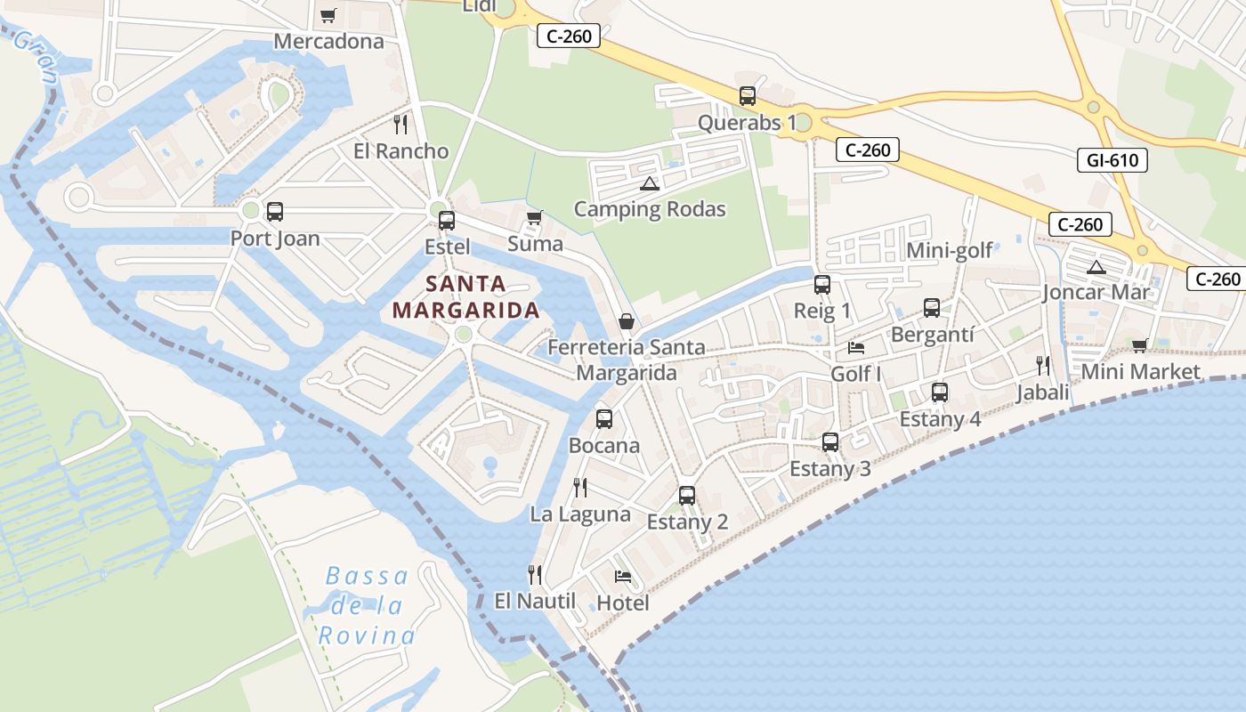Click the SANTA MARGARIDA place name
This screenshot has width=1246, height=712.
(465, 297)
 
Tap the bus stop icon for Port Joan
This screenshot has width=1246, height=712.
(275, 212)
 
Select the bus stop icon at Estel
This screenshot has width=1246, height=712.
(447, 221)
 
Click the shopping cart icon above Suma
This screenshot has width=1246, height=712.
(535, 217)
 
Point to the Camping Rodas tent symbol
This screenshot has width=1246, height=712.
(650, 184)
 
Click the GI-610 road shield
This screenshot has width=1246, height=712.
(1112, 160)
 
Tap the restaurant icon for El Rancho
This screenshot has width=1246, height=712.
(400, 124)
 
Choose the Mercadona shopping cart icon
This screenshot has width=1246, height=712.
(328, 15)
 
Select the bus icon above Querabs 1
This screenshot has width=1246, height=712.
(748, 96)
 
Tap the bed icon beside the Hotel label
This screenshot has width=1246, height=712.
(623, 577)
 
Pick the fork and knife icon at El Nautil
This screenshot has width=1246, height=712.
(534, 574)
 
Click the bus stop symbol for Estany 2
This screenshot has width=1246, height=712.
(687, 496)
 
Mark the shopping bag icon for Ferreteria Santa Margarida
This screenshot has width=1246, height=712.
(627, 321)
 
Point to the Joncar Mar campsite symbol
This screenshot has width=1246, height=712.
(1096, 267)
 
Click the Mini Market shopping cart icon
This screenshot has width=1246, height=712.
(1140, 345)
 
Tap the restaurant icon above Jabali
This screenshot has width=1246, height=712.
(1043, 365)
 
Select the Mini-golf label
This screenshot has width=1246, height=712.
(949, 250)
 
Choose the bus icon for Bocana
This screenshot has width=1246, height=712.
(604, 419)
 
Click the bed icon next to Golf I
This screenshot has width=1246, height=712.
(856, 347)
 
